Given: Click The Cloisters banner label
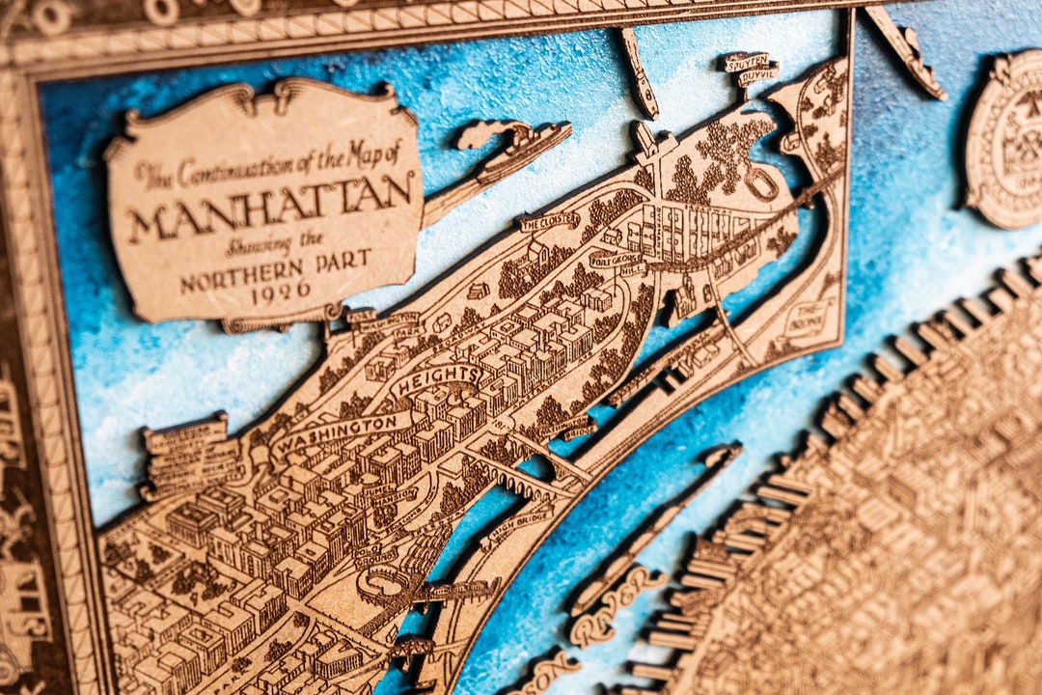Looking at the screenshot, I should click(549, 222).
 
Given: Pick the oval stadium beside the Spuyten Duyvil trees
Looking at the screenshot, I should click(762, 183).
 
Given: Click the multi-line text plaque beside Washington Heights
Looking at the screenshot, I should click(188, 454).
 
